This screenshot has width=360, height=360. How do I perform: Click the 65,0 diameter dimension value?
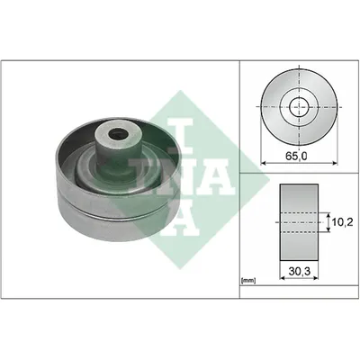coord(296,156)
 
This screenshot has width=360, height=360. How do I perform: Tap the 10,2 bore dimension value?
coord(342,222)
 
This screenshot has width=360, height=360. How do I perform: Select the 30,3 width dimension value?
coord(299,271)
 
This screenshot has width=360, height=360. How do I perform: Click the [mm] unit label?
coord(248,281)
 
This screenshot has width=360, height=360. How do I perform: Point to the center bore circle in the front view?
coord(300,107)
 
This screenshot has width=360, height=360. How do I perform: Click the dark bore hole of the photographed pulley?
coord(117,134)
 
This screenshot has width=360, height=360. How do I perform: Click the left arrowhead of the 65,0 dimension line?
coord(264,163)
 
